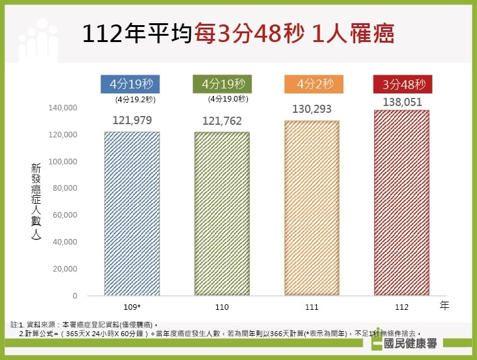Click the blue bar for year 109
[x=132, y=213]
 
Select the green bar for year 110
[x=222, y=213]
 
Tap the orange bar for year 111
[x=311, y=208]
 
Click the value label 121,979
[x=132, y=120]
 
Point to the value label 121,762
[x=222, y=121]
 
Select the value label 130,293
[x=312, y=109]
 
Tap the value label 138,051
[x=402, y=101]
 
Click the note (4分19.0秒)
[x=228, y=99]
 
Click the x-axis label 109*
[x=132, y=307]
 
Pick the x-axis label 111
[x=312, y=307]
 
